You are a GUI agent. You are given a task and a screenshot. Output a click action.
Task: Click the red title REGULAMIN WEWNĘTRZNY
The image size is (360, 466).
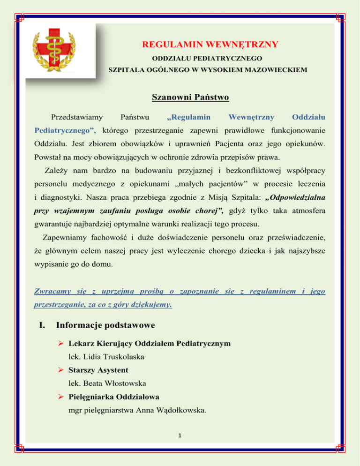click(x=210, y=45)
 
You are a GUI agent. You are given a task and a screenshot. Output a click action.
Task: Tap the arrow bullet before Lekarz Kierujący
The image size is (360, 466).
click(x=61, y=344)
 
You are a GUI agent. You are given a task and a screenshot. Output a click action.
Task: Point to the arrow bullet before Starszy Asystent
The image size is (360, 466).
click(x=61, y=370)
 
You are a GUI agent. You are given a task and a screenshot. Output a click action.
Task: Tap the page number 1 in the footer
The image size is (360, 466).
click(x=180, y=435)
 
